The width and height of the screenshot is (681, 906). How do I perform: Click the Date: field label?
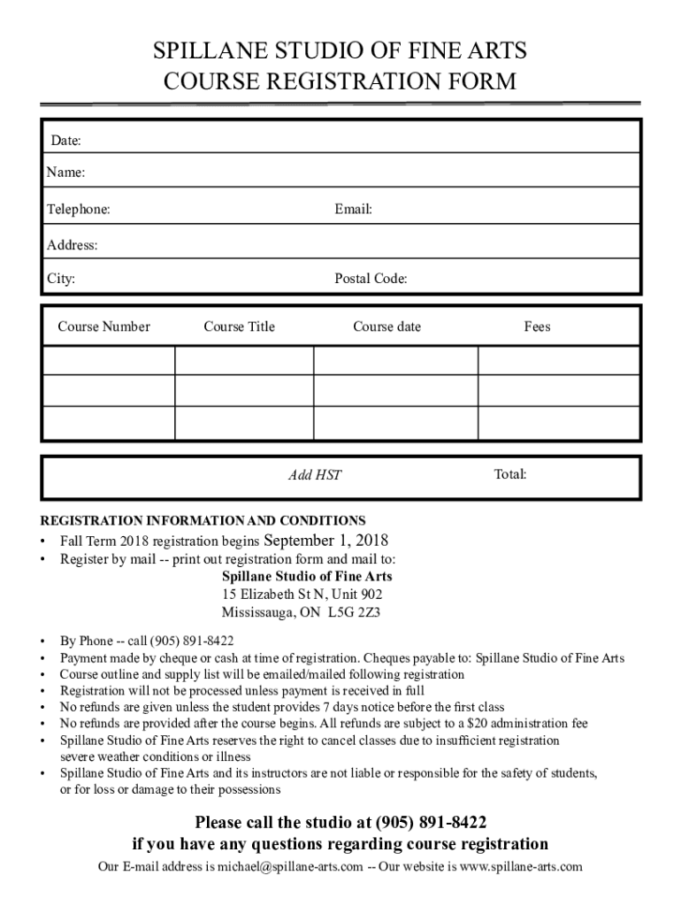[65, 141]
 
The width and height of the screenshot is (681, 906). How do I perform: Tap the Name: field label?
[66, 173]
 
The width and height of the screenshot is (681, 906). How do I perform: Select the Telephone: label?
[79, 210]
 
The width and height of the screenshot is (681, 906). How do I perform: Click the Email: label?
[353, 210]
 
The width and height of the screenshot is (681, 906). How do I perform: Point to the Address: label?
[73, 245]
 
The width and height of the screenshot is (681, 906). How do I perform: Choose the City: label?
[61, 280]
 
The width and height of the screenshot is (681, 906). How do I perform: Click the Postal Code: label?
[371, 280]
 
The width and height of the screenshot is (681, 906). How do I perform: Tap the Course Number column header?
[104, 326]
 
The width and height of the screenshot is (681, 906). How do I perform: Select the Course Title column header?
[239, 326]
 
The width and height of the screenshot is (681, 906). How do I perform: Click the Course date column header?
[386, 326]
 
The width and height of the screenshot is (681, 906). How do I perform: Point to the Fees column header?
[537, 326]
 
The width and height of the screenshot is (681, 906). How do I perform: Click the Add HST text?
[315, 476]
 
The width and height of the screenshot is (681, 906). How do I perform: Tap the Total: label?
[510, 475]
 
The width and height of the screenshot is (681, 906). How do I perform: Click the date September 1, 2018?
[326, 541]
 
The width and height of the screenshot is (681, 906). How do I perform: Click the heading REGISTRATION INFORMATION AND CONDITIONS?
[203, 520]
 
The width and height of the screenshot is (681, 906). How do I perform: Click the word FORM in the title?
[477, 81]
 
